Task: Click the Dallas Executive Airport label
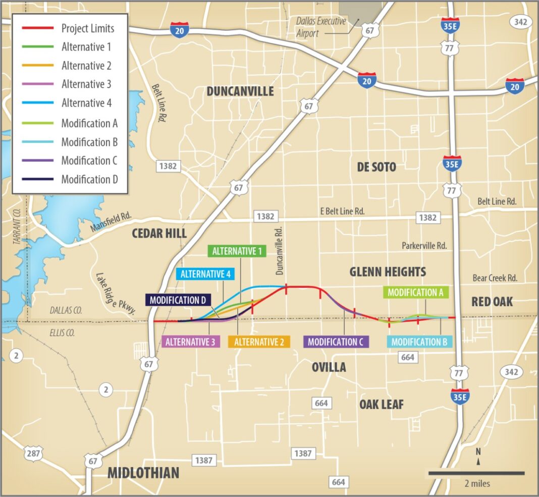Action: tap(321, 27)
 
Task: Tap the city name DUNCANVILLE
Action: tap(240, 91)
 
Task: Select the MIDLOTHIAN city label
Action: tap(143, 473)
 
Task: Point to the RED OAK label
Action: tap(492, 302)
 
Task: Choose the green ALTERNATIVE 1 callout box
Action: tap(237, 251)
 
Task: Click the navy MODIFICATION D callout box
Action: tap(178, 300)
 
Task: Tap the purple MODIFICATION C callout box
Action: tap(336, 342)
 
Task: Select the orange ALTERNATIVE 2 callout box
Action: tap(259, 342)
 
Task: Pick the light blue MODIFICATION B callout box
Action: tap(419, 342)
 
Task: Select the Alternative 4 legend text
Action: tap(86, 103)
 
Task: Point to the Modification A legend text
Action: tap(89, 123)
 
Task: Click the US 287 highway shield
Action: tap(33, 453)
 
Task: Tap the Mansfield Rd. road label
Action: tap(111, 223)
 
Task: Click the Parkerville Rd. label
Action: tap(424, 246)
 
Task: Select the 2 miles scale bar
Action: tap(476, 473)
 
